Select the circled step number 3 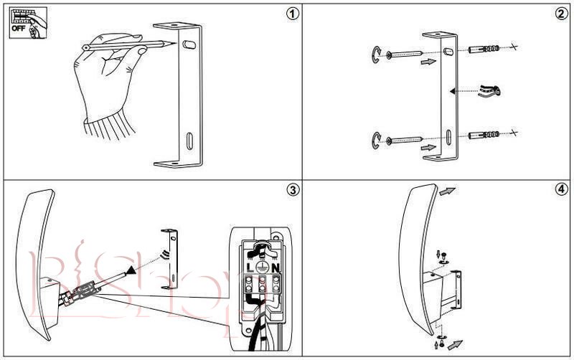point(291,189)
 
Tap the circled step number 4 point(560,189)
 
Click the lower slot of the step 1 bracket point(189,139)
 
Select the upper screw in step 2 point(406,55)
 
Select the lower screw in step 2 point(406,138)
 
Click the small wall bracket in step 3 point(171,258)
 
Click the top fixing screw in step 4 point(443,254)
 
